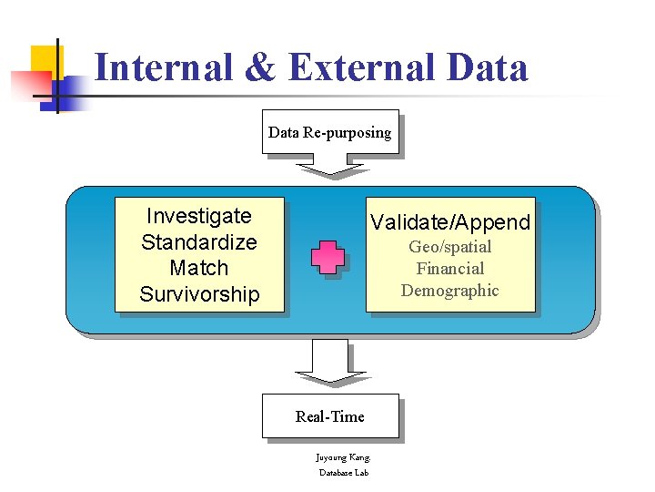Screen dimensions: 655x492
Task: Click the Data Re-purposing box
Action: (x=329, y=132)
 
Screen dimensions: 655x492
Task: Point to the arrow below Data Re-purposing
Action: (x=331, y=167)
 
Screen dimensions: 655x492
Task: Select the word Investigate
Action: (x=198, y=216)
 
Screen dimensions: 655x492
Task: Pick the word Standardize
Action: (x=198, y=242)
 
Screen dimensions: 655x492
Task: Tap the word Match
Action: (x=198, y=268)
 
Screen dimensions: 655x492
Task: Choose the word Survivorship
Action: (x=199, y=294)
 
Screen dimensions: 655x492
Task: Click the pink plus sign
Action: (x=327, y=258)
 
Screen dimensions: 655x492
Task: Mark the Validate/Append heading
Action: (x=450, y=222)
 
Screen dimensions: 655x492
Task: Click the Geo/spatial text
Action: (x=450, y=247)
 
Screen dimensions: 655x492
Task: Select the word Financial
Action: (x=450, y=269)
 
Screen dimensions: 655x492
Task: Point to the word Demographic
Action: (x=450, y=291)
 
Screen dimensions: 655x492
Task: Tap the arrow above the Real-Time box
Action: (x=331, y=363)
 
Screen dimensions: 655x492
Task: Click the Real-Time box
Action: (x=329, y=416)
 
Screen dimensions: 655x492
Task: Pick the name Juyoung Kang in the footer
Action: (x=343, y=457)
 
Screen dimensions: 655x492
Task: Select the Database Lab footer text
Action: (x=343, y=472)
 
